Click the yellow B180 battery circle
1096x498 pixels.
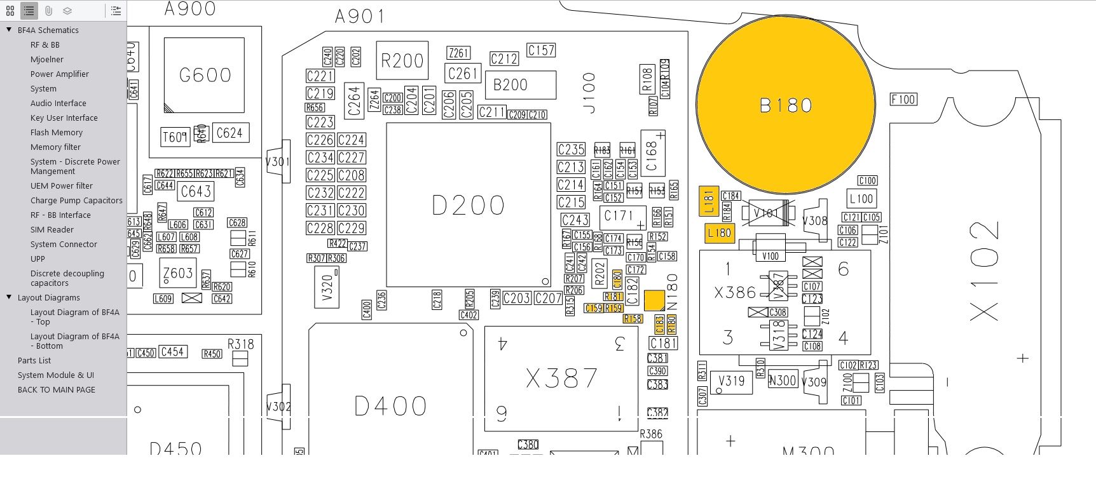786,105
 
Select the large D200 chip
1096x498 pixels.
469,205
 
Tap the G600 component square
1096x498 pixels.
204,75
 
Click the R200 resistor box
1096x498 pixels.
402,61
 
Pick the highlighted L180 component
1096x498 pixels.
720,233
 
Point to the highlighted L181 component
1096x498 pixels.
709,201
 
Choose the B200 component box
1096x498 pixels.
521,85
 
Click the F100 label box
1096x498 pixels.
903,100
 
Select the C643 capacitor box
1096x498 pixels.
196,191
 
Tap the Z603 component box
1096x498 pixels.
177,273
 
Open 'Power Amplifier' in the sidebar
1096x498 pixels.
59,74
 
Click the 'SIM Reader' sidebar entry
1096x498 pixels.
51,229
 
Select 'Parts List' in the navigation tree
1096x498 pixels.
34,360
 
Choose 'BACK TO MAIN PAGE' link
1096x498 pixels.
56,389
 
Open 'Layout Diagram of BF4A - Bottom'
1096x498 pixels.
74,341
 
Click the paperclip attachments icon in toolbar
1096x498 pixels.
48,11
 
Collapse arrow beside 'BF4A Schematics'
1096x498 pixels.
9,30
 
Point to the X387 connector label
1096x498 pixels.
561,379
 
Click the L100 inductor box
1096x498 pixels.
861,198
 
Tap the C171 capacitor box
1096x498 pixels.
619,216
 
